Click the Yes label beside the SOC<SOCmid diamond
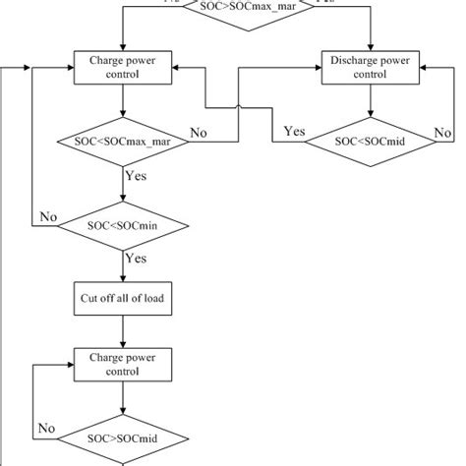[x=294, y=130]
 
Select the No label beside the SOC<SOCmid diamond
[x=442, y=131]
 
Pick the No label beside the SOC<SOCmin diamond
[x=48, y=216]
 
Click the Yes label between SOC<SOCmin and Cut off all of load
[x=136, y=260]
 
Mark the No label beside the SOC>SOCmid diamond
[x=46, y=428]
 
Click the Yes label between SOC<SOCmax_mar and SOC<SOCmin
[x=136, y=177]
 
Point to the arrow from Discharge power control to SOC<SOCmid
[x=369, y=103]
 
